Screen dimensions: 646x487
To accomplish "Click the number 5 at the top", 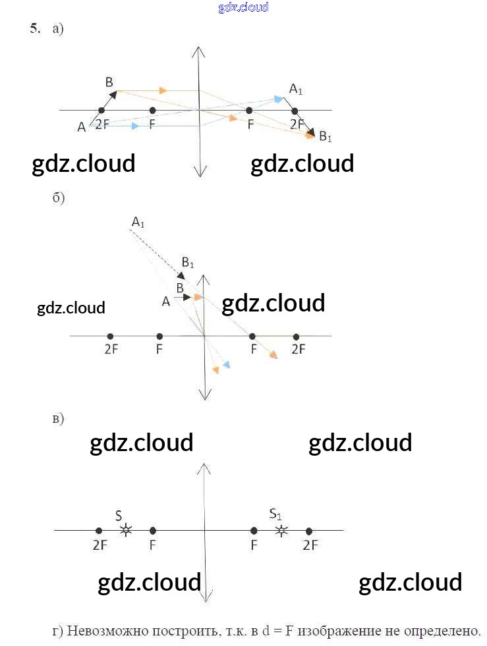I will pyautogui.click(x=34, y=28).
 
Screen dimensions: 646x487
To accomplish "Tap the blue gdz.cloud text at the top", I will pyautogui.click(x=243, y=7).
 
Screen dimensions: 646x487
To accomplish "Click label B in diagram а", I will pyautogui.click(x=109, y=82).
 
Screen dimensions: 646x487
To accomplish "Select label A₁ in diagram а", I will pyautogui.click(x=296, y=88).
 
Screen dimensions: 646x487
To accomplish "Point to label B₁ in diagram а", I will pyautogui.click(x=326, y=137).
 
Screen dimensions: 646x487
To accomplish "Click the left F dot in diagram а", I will pyautogui.click(x=153, y=111).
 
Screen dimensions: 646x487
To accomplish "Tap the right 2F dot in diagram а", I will pyautogui.click(x=295, y=111).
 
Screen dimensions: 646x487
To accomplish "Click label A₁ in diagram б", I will pyautogui.click(x=138, y=223).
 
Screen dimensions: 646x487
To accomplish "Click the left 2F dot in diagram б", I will pyautogui.click(x=110, y=336).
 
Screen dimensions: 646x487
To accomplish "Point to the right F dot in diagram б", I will pyautogui.click(x=252, y=336).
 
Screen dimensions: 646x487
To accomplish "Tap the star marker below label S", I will pyautogui.click(x=125, y=529).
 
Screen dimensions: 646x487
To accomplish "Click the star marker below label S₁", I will pyautogui.click(x=281, y=529).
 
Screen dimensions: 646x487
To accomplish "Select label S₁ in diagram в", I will pyautogui.click(x=276, y=514).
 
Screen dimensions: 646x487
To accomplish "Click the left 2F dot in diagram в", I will pyautogui.click(x=99, y=530).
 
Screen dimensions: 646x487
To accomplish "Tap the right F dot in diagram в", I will pyautogui.click(x=254, y=530).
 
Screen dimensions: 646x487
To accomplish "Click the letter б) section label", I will pyautogui.click(x=58, y=199).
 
